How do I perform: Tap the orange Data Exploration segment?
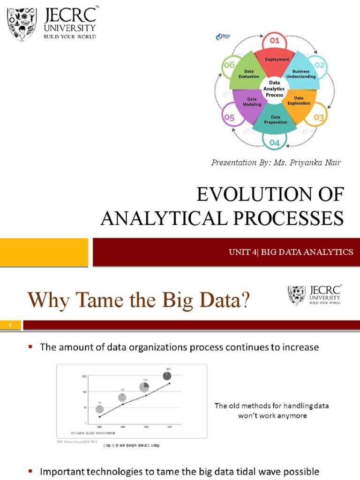point(300,101)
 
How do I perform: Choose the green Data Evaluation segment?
point(248,74)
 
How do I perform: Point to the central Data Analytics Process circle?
point(275,89)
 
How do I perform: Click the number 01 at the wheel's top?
point(275,40)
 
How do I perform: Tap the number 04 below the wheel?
point(275,142)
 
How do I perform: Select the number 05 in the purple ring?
point(229,118)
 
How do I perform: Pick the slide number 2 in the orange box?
point(10,325)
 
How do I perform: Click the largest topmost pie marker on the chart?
point(167,376)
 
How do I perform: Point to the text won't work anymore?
point(272,415)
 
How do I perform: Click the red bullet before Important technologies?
point(30,471)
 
